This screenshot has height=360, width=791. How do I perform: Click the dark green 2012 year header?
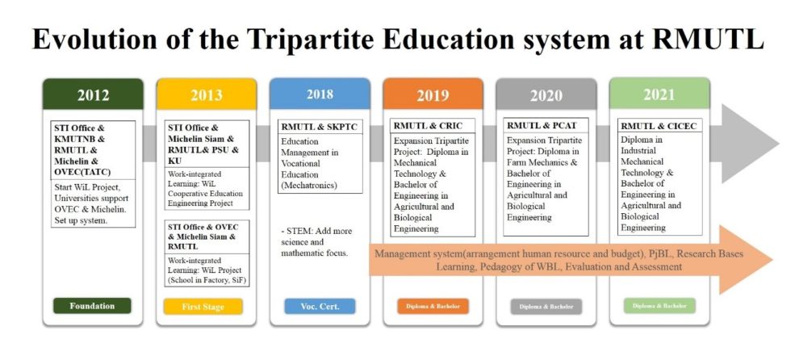click(x=93, y=94)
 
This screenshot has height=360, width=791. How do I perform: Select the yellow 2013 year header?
click(x=206, y=94)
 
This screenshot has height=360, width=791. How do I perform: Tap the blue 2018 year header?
click(x=319, y=94)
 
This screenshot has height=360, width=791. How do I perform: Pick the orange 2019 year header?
click(x=433, y=94)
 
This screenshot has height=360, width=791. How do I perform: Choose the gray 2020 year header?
click(x=546, y=94)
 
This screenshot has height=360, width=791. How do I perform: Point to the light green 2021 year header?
click(x=659, y=94)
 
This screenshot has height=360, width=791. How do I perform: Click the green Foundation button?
click(x=92, y=306)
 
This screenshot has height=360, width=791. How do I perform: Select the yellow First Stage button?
click(x=204, y=307)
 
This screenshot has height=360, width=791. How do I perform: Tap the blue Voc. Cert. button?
click(x=319, y=307)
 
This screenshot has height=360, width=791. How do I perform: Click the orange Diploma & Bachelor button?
click(x=433, y=307)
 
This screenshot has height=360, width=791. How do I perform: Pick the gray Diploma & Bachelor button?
click(x=546, y=307)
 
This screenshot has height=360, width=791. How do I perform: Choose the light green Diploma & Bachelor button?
click(x=659, y=306)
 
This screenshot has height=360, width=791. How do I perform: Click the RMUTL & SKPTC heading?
click(x=318, y=127)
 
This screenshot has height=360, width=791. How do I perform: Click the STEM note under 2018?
click(x=315, y=242)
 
